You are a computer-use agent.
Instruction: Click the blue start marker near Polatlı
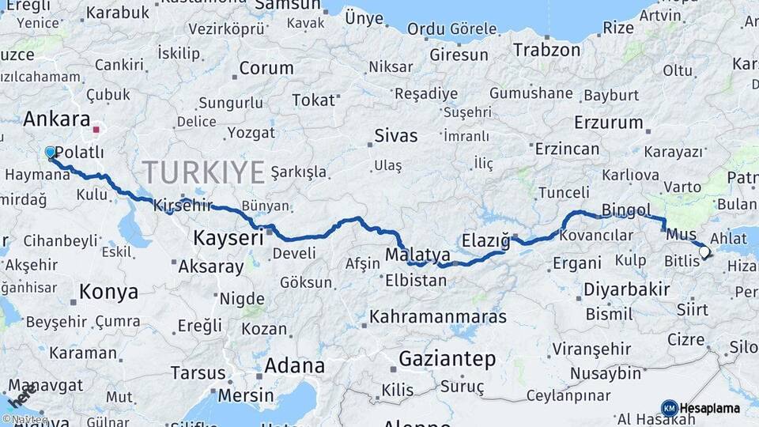[x=51, y=152]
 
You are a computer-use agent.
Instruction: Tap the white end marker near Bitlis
[x=704, y=252]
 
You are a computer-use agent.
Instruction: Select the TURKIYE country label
[x=203, y=172]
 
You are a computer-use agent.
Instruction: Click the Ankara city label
[x=57, y=119]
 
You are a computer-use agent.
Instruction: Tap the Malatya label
[x=417, y=255]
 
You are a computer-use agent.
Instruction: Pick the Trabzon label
[x=546, y=50]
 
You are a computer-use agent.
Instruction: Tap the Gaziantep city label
[x=447, y=359]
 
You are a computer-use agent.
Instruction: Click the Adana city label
[x=294, y=365]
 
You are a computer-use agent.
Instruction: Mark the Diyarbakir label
[x=626, y=289]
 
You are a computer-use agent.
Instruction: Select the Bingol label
[x=626, y=210]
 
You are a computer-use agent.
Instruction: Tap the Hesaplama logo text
[x=710, y=408]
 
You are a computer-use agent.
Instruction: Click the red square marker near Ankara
[x=96, y=130]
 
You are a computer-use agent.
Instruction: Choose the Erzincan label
[x=567, y=149]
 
